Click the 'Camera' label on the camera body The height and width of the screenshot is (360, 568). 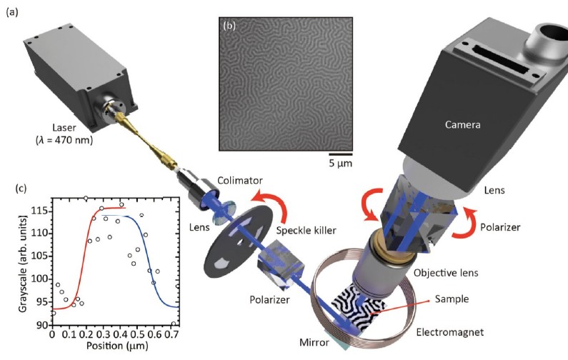pyautogui.click(x=462, y=124)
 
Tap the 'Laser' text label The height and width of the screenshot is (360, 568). pyautogui.click(x=64, y=127)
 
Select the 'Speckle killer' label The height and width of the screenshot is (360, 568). pyautogui.click(x=306, y=230)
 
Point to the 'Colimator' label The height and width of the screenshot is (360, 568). pyautogui.click(x=240, y=180)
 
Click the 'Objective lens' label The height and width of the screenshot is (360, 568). pyautogui.click(x=446, y=273)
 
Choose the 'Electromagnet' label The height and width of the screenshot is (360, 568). pyautogui.click(x=449, y=331)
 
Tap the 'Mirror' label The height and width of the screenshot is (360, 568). pyautogui.click(x=314, y=342)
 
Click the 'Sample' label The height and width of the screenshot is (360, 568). pyautogui.click(x=452, y=299)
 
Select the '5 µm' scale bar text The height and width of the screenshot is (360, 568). pyautogui.click(x=341, y=164)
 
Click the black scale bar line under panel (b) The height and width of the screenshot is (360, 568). pyautogui.click(x=341, y=154)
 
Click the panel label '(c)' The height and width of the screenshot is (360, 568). pyautogui.click(x=21, y=189)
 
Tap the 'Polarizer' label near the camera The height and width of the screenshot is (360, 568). pyautogui.click(x=500, y=227)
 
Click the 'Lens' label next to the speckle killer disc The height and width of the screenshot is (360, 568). pyautogui.click(x=199, y=227)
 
